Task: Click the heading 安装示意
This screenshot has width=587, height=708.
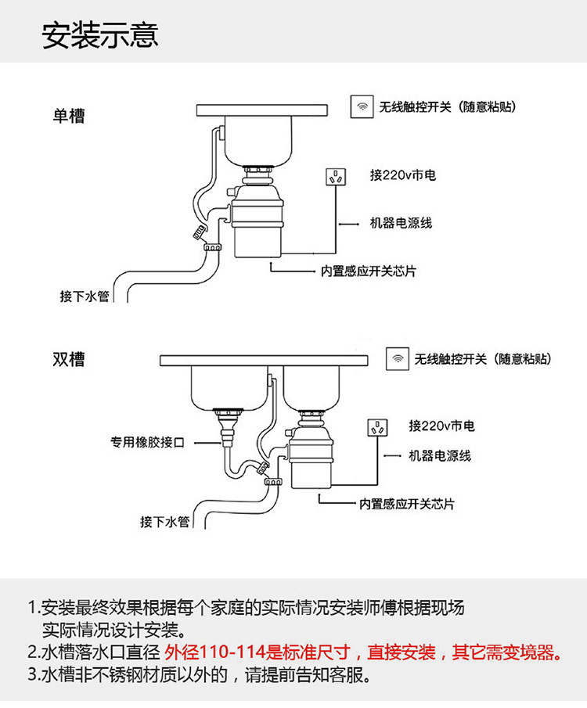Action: pyautogui.click(x=100, y=35)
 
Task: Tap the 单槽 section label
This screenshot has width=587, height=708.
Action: pyautogui.click(x=69, y=117)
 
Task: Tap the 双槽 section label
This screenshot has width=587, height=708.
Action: pyautogui.click(x=69, y=360)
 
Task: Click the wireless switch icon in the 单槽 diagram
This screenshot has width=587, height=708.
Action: pyautogui.click(x=362, y=106)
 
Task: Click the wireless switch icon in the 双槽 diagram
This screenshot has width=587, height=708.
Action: pyautogui.click(x=398, y=359)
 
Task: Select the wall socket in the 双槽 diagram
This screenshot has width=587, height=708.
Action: pyautogui.click(x=378, y=429)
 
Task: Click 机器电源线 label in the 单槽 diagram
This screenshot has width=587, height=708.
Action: pyautogui.click(x=401, y=223)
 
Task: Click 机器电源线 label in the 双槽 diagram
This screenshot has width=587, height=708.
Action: pyautogui.click(x=440, y=455)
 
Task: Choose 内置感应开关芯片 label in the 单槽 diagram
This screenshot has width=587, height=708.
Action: pyautogui.click(x=369, y=271)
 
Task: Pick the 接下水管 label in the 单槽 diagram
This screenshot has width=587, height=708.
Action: pyautogui.click(x=85, y=296)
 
